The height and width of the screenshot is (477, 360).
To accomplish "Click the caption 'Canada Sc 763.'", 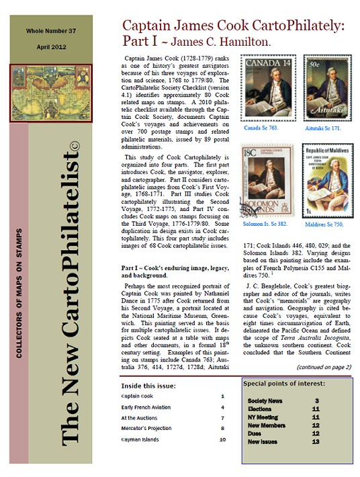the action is tap(261, 127).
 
